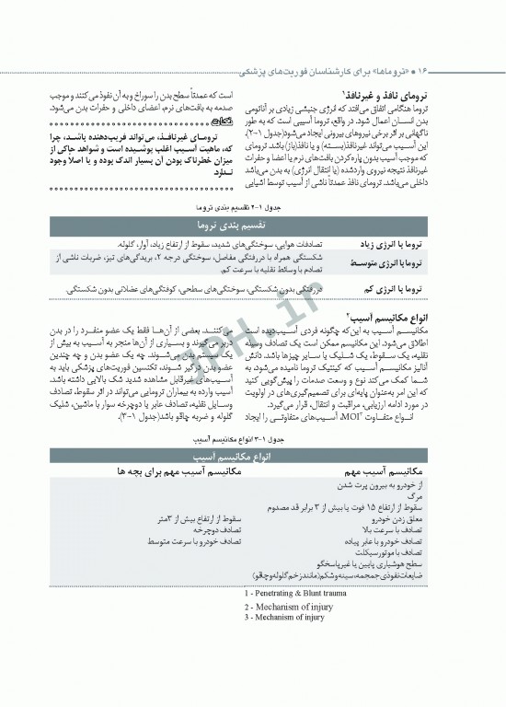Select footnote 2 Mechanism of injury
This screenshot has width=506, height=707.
[x=283, y=608]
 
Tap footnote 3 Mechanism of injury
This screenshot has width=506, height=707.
[x=283, y=618]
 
